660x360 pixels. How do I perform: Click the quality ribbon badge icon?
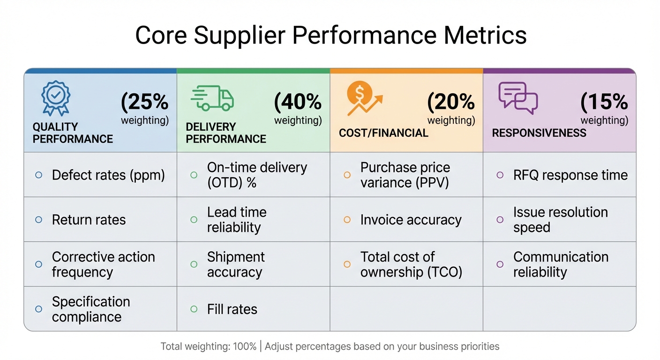(55, 98)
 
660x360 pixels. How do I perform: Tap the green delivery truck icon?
(212, 98)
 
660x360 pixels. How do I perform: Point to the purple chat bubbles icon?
(517, 98)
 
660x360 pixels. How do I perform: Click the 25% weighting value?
(145, 102)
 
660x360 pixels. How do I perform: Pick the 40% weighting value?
(298, 102)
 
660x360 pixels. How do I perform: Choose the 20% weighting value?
(451, 102)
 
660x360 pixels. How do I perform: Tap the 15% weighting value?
(604, 102)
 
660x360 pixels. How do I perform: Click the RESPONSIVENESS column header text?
(539, 133)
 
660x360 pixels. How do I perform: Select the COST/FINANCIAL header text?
(383, 133)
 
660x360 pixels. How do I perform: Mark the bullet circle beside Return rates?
(39, 220)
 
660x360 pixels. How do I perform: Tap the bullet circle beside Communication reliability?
(500, 264)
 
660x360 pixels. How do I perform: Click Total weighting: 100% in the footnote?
(209, 347)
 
